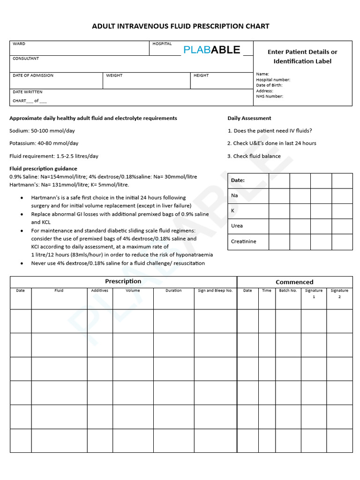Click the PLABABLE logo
coord(212,50)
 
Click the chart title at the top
coord(180,26)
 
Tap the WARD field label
coord(19,44)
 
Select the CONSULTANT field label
coord(26,59)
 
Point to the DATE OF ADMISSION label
coord(33,75)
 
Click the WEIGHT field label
coord(114,75)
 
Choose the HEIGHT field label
coord(201,75)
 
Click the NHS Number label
coord(270,97)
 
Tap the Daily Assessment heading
coord(249,118)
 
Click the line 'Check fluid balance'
coord(254,156)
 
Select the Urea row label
coord(237,226)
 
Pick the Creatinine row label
coord(243,242)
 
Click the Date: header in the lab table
coord(238,180)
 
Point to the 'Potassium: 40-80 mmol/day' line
coord(44,143)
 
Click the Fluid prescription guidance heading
coord(43,169)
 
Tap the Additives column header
coord(99,291)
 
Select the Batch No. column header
coord(288,291)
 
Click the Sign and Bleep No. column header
coord(215,291)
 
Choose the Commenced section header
coord(294,282)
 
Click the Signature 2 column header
coord(339,293)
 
